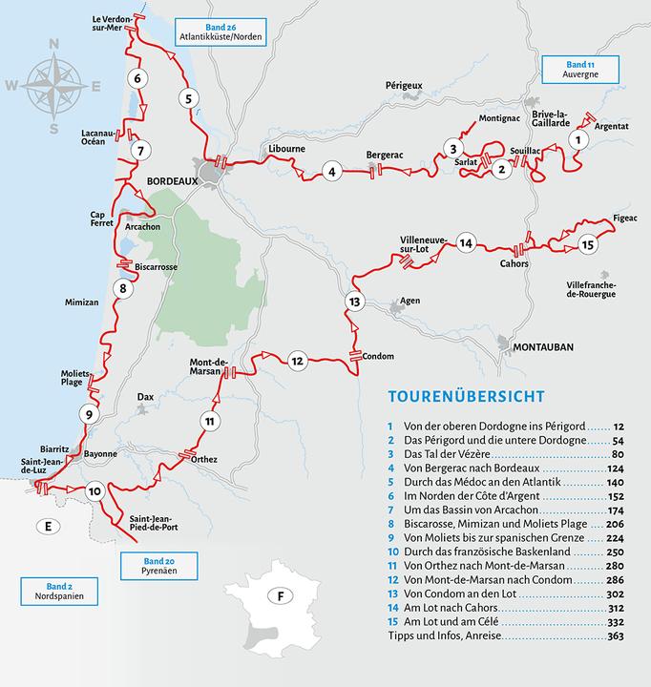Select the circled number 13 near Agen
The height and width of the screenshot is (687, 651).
coord(354,302)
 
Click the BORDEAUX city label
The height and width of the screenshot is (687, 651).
coord(171,179)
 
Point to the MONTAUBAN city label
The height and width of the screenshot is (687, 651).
coord(542,347)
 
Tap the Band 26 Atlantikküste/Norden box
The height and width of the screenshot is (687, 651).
coord(220,31)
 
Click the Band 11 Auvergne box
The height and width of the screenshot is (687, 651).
coord(580,70)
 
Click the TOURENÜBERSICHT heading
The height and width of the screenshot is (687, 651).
coord(467,396)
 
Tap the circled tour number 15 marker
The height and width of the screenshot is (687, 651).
coord(587,245)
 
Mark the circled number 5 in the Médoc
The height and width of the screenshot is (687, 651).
coord(189,98)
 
